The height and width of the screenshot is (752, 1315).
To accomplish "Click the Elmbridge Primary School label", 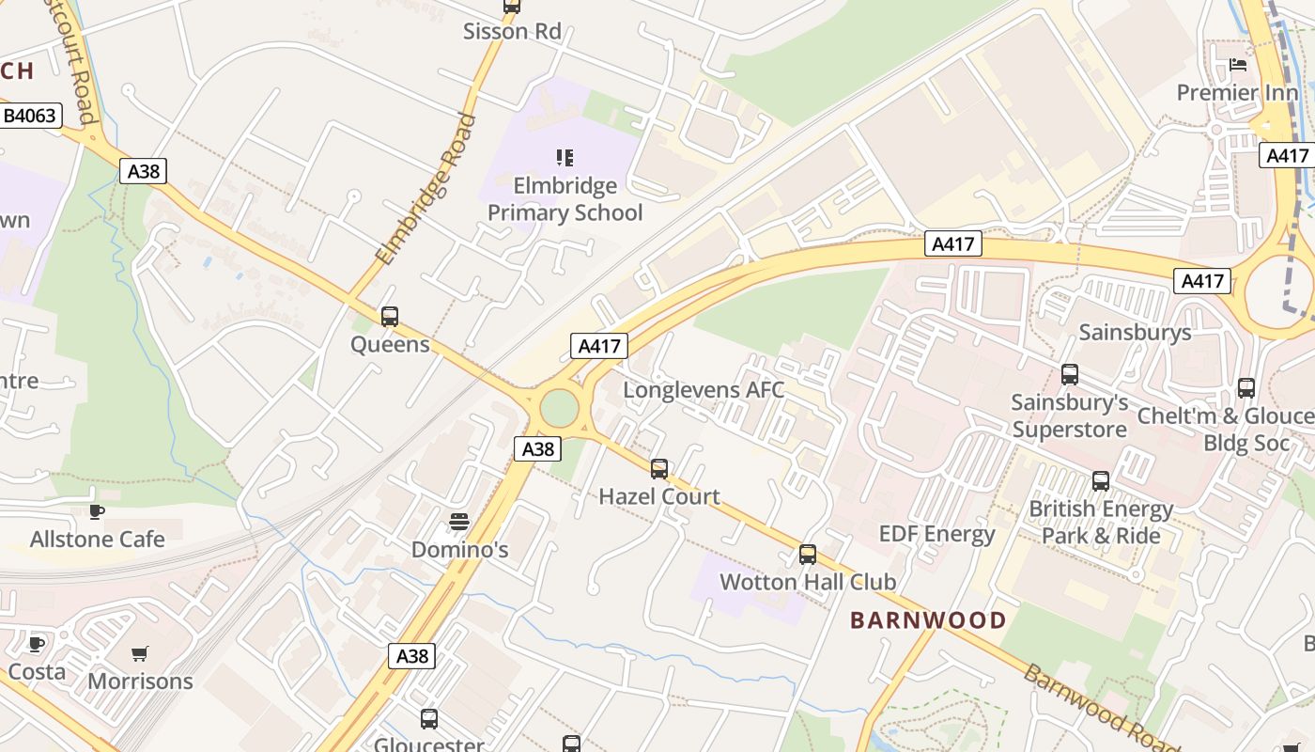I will click(x=565, y=199).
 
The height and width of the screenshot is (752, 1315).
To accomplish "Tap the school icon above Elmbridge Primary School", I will click(x=565, y=157).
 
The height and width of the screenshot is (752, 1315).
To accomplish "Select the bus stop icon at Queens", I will click(x=390, y=317).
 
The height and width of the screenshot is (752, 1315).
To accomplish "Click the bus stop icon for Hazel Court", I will click(x=659, y=468).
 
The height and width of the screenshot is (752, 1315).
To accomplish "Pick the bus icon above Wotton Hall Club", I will click(x=808, y=555).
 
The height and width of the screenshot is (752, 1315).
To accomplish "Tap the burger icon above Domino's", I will click(x=459, y=521).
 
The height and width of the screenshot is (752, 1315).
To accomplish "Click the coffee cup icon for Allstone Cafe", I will click(x=96, y=511).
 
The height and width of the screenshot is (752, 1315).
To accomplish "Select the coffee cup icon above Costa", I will click(x=37, y=644).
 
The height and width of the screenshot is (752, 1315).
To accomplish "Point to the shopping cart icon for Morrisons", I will click(x=140, y=653).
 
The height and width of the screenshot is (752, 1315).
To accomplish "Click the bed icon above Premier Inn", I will click(x=1238, y=65).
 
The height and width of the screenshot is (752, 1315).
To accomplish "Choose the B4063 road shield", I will click(x=30, y=117).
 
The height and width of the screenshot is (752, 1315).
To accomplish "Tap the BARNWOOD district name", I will click(x=928, y=620).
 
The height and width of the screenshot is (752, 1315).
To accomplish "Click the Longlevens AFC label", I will click(x=704, y=389).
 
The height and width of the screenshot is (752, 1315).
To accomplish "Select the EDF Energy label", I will click(x=936, y=534).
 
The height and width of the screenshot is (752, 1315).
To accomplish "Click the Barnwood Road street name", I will click(x=1101, y=708).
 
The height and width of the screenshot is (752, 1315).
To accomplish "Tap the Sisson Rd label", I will click(x=512, y=31).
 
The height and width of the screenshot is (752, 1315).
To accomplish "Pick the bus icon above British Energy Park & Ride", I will click(x=1101, y=481).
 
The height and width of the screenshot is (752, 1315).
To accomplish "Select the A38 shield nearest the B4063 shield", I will click(x=144, y=171).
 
